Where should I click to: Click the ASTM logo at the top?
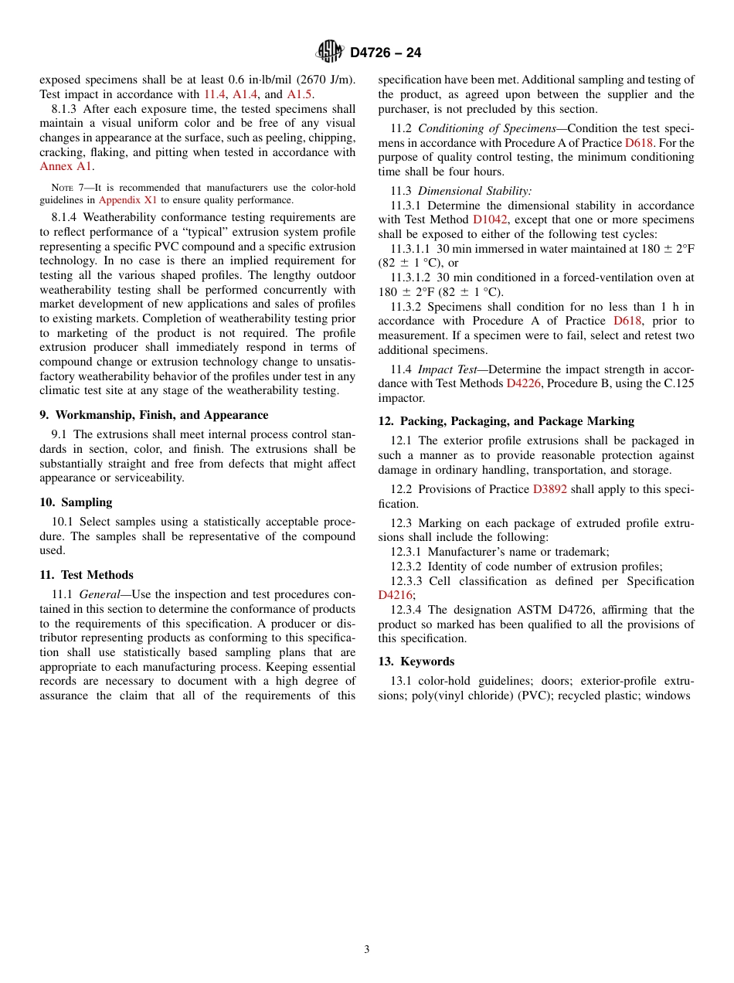coord(330,52)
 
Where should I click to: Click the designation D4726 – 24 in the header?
coord(386,53)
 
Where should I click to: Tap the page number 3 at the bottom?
coord(367,949)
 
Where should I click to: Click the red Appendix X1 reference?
coord(127,199)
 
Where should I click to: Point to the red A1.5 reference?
coord(300,94)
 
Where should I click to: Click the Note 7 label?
coord(69,188)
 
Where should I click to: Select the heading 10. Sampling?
coord(76,502)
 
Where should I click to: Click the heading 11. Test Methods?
coord(87,575)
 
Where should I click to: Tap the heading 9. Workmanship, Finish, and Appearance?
coord(154,415)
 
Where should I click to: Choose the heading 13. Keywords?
coord(416,662)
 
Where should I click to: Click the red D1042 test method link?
coord(490,220)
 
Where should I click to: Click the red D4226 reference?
coord(524,383)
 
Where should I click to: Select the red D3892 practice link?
coord(549,489)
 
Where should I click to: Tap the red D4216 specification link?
coord(396,595)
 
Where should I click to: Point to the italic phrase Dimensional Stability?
coord(474,191)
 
